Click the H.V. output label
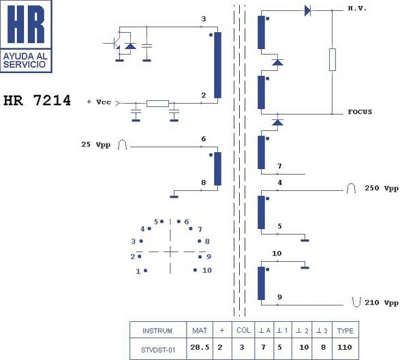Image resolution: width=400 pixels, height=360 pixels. [357, 8]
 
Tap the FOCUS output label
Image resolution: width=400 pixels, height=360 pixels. [360, 112]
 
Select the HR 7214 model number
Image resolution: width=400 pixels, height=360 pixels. [37, 100]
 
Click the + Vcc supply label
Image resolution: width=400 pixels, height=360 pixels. [99, 102]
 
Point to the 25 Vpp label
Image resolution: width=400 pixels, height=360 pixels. [96, 145]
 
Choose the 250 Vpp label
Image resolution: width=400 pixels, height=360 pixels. [382, 188]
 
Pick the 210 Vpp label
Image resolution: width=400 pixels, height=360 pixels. [382, 303]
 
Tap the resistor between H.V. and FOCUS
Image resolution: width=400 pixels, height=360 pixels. [332, 59]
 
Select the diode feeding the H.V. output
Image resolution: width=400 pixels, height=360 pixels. [307, 11]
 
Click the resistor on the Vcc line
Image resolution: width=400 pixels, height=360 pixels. [157, 104]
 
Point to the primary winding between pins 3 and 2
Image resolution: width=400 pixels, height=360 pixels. [217, 65]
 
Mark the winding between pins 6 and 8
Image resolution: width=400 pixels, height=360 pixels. [217, 169]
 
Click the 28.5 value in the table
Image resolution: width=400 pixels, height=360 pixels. [200, 347]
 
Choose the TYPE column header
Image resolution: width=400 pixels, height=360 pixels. [345, 331]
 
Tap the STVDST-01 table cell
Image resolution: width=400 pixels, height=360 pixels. [158, 350]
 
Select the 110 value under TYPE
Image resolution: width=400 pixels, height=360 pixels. [345, 347]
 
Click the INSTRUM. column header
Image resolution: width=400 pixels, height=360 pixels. [158, 331]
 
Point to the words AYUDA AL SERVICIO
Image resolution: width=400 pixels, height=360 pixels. [25, 60]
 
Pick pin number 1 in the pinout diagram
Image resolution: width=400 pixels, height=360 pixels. [138, 271]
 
